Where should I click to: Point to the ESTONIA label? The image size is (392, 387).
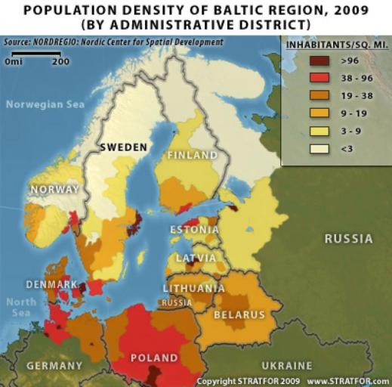pyautogui.click(x=195, y=230)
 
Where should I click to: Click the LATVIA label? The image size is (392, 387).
pyautogui.click(x=194, y=258)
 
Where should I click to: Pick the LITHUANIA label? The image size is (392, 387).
pyautogui.click(x=193, y=288)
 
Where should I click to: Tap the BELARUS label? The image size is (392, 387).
pyautogui.click(x=239, y=314)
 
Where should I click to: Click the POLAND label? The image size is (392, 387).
pyautogui.click(x=153, y=358)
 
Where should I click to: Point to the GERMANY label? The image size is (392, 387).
pyautogui.click(x=54, y=365)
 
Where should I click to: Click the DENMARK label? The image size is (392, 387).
pyautogui.click(x=52, y=284)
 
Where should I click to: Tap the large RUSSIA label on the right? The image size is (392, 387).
pyautogui.click(x=348, y=239)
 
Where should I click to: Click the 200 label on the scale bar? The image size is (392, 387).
pyautogui.click(x=60, y=62)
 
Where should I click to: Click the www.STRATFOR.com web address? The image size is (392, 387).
pyautogui.click(x=348, y=381)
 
